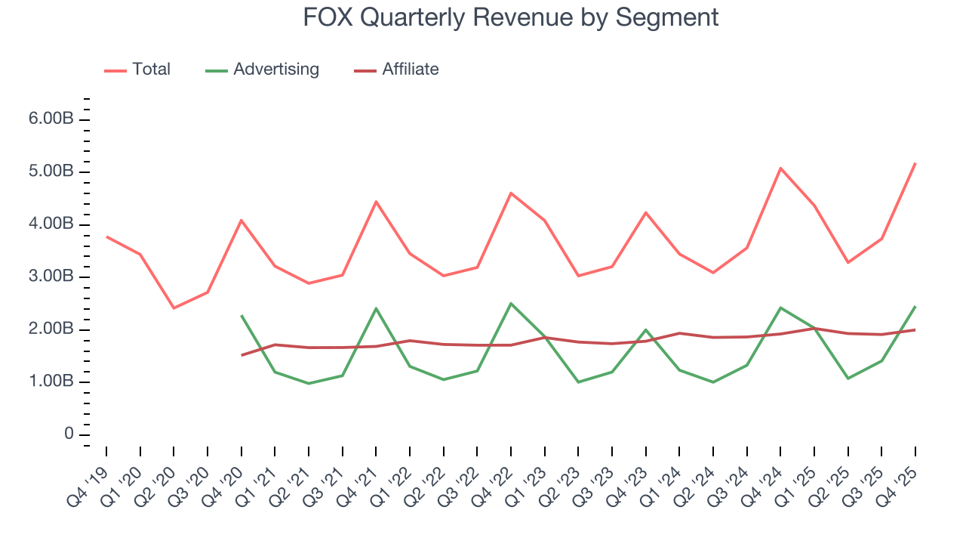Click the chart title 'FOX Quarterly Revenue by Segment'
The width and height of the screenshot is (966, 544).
510,17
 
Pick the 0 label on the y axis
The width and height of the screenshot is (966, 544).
69,434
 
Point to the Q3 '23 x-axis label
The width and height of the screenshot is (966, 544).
596,476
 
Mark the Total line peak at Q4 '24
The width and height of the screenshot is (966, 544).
780,168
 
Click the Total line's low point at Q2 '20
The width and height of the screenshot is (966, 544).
174,308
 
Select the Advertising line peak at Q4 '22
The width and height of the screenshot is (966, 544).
511,304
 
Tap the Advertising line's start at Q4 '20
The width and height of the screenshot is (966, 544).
241,316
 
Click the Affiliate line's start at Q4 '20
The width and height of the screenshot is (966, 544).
241,355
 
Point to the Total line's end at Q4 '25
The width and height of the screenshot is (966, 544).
915,163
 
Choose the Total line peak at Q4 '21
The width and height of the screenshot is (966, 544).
376,202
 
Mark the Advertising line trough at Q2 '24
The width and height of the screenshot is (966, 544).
713,382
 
